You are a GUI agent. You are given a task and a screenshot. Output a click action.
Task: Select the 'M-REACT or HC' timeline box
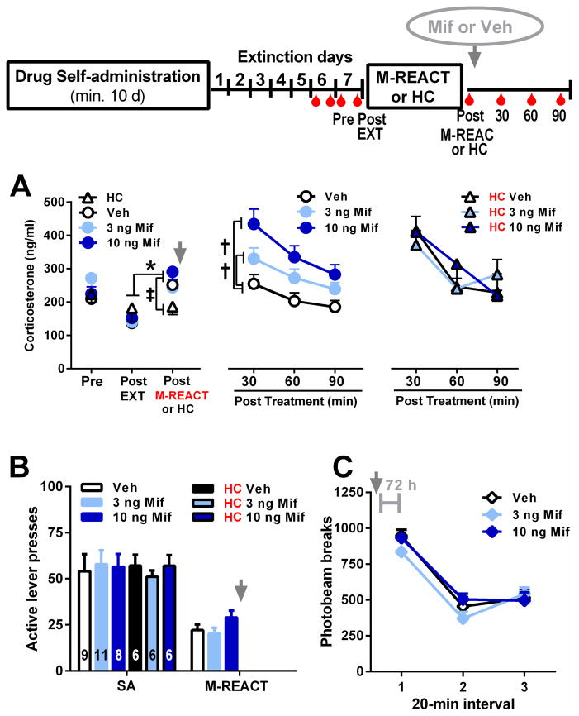411,85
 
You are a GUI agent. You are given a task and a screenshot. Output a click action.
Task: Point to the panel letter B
22,467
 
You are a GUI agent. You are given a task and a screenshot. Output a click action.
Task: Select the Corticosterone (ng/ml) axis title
30,281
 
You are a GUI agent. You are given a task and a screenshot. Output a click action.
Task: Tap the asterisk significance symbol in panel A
151,267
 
